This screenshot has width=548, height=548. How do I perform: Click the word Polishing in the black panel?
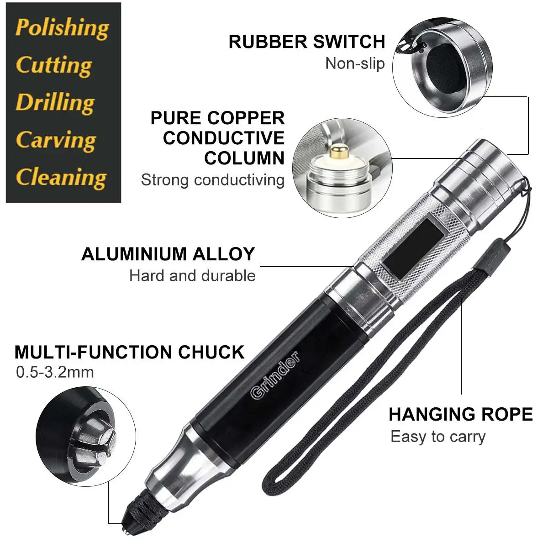pyautogui.click(x=62, y=27)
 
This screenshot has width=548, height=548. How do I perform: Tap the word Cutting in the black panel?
pyautogui.click(x=54, y=65)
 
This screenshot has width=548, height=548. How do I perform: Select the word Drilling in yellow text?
pyautogui.click(x=55, y=102)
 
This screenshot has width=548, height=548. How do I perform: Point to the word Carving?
pyautogui.click(x=56, y=140)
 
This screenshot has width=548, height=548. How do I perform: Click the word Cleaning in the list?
pyautogui.click(x=61, y=177)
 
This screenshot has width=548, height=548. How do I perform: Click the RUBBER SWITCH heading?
pyautogui.click(x=307, y=42)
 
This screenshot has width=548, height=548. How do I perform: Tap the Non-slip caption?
pyautogui.click(x=355, y=63)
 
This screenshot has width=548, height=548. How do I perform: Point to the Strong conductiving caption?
pyautogui.click(x=212, y=180)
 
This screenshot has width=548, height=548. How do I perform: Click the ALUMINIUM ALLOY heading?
pyautogui.click(x=168, y=254)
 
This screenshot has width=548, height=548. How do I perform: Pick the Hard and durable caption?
pyautogui.click(x=192, y=276)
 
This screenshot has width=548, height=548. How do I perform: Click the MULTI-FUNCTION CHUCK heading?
pyautogui.click(x=129, y=353)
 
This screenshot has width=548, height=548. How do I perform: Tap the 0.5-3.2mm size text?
pyautogui.click(x=55, y=372)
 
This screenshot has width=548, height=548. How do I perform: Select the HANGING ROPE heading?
pyautogui.click(x=460, y=415)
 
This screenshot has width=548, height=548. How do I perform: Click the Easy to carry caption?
pyautogui.click(x=438, y=437)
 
